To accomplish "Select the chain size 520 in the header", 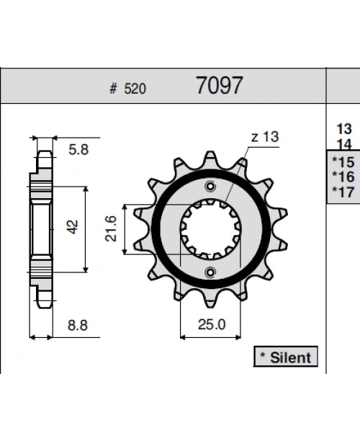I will (x=135, y=89).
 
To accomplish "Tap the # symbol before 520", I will (x=113, y=89).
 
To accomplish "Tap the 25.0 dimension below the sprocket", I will (x=211, y=324).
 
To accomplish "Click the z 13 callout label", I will (x=264, y=138).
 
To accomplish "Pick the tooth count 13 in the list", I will (x=343, y=129).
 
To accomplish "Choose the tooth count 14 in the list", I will (x=343, y=143).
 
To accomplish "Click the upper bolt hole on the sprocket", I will (x=210, y=186).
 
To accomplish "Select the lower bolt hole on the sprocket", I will (x=210, y=272).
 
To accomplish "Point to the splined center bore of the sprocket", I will (x=210, y=229).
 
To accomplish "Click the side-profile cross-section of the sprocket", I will (x=42, y=227).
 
